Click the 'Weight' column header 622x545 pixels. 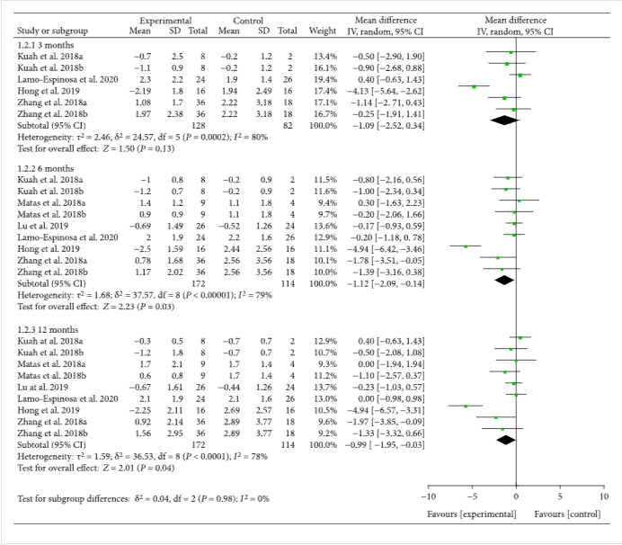(x=323, y=31)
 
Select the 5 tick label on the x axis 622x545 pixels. (x=559, y=496)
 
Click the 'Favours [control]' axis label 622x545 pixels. (x=568, y=513)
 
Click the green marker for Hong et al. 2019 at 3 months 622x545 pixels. (x=474, y=86)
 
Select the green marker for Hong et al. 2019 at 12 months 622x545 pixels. (x=466, y=407)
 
